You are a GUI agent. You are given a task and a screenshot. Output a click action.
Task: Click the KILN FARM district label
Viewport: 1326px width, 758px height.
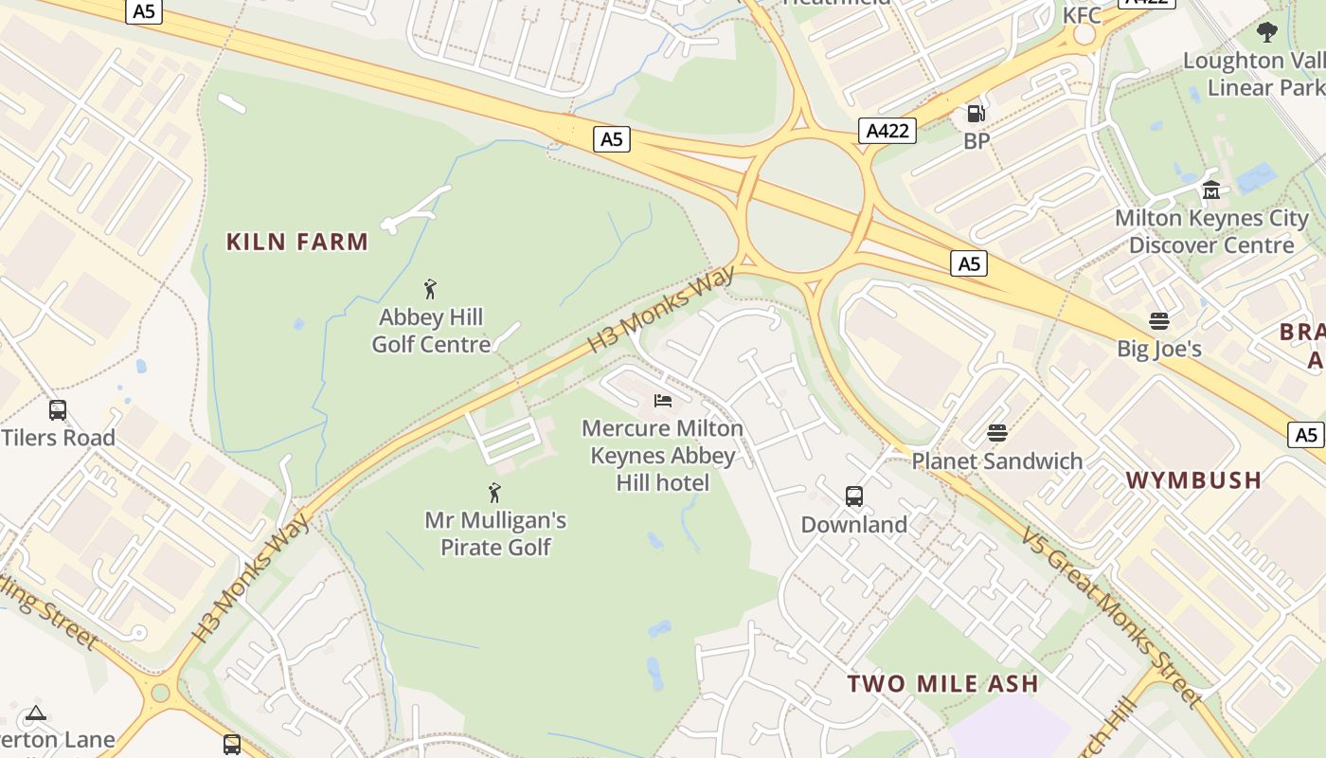[x=297, y=242]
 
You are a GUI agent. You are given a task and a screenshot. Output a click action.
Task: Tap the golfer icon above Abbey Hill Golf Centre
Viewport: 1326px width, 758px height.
[x=431, y=288]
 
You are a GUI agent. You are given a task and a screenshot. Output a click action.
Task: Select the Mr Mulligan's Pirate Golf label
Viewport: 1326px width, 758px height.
[x=495, y=533]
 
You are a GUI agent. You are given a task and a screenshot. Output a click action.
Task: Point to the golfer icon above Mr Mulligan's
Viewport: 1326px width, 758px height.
[x=494, y=492]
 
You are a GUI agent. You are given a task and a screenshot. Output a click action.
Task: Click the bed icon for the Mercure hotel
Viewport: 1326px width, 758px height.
[x=663, y=401]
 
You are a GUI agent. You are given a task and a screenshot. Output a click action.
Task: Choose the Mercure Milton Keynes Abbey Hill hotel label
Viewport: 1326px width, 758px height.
[x=663, y=456]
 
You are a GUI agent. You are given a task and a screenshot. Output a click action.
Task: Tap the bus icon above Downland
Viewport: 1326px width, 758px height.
[x=853, y=496]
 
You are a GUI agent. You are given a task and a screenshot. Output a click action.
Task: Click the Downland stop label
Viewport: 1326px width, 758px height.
[x=853, y=524]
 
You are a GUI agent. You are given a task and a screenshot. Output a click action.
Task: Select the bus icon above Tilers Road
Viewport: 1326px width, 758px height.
[x=58, y=410]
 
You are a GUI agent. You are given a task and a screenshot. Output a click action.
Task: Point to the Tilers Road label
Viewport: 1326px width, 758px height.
[x=59, y=438]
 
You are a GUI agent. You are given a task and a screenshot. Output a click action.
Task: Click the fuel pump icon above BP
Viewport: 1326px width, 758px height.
[x=976, y=115]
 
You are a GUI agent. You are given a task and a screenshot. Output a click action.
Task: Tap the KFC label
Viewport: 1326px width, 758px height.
[x=1082, y=15]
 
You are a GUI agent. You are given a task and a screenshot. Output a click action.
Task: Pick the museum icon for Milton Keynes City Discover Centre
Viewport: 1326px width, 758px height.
[x=1210, y=190]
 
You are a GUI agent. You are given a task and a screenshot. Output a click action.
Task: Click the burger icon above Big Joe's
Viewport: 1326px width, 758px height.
[x=1158, y=320]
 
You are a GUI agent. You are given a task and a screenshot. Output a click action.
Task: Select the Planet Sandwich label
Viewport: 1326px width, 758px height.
[x=996, y=461]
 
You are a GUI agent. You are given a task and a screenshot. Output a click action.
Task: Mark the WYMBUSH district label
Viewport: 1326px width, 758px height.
[x=1193, y=480]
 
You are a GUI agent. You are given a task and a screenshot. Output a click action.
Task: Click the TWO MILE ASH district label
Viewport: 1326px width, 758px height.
[x=942, y=683]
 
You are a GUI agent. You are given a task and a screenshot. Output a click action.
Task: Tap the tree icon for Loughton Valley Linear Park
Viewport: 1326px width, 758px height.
[x=1266, y=32]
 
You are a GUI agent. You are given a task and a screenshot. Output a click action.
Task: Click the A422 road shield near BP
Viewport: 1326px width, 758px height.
[x=887, y=131]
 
